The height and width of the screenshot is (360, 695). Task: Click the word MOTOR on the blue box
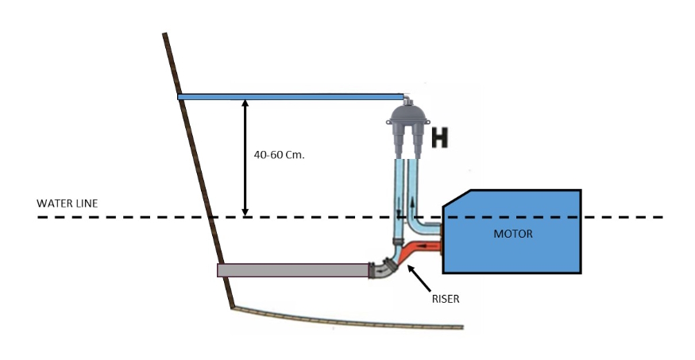pyautogui.click(x=512, y=234)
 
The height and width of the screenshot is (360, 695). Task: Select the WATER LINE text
pyautogui.click(x=67, y=203)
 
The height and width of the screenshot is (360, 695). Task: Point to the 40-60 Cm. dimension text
pyautogui.click(x=279, y=156)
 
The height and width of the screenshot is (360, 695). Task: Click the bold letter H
pyautogui.click(x=440, y=138)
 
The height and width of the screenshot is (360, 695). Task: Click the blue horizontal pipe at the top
pyautogui.click(x=290, y=97)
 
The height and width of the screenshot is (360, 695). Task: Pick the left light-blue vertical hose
pyautogui.click(x=399, y=195)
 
